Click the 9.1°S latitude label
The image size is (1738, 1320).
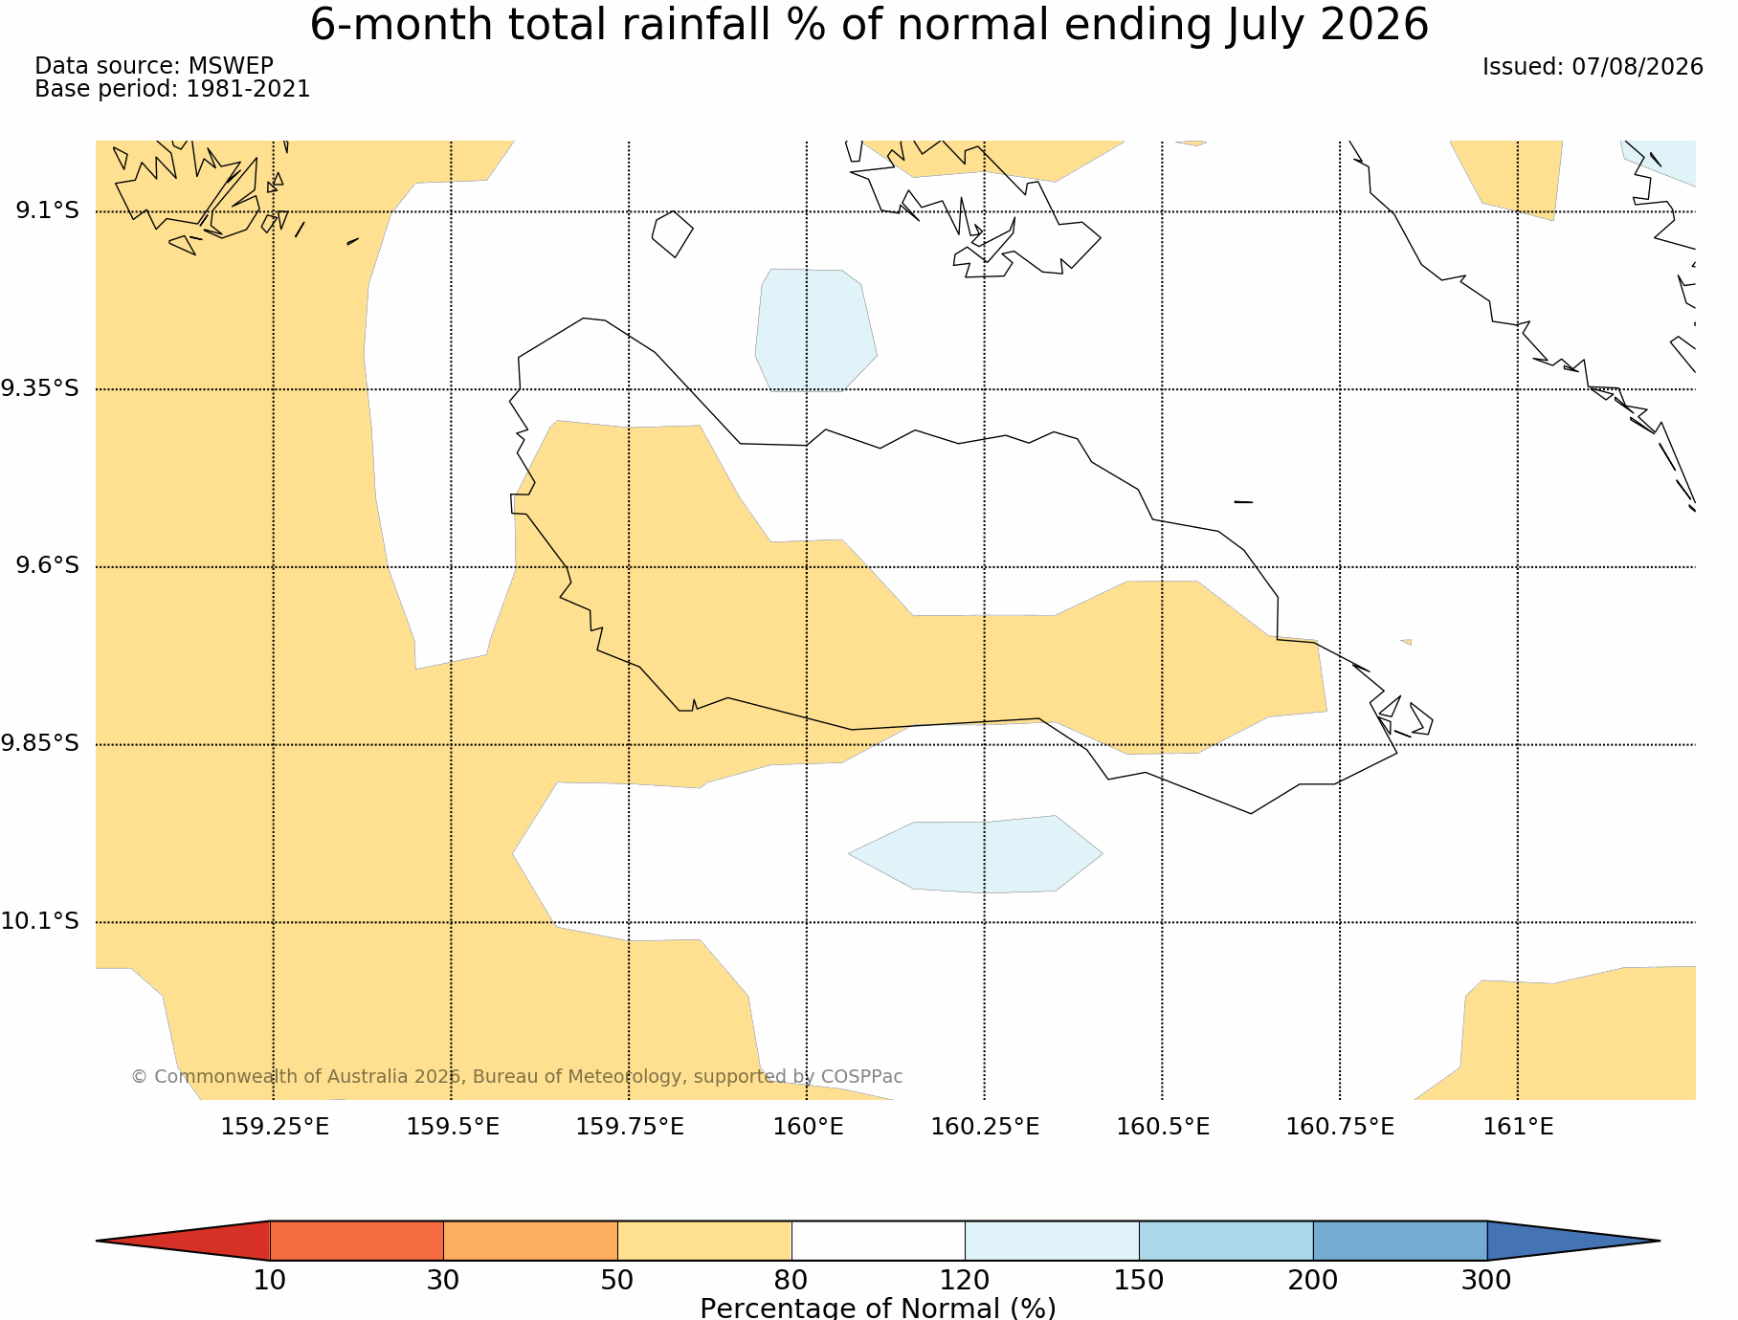(x=47, y=210)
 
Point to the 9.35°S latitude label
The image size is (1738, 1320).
(x=40, y=388)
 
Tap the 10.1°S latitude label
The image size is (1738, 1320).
(x=40, y=921)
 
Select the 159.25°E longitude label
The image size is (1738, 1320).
(x=275, y=1127)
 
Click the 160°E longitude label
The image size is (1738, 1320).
(x=808, y=1127)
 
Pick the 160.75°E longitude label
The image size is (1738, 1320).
(x=1340, y=1127)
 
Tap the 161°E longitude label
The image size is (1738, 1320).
(x=1518, y=1127)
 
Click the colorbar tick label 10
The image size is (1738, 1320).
(x=270, y=1281)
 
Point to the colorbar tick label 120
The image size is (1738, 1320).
(x=965, y=1281)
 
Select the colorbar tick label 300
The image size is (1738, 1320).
(x=1486, y=1281)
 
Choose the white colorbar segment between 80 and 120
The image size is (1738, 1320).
(x=879, y=1241)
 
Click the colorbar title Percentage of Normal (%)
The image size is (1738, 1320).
(x=878, y=1308)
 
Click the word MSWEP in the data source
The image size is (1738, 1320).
(x=231, y=66)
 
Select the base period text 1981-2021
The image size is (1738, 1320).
(x=248, y=89)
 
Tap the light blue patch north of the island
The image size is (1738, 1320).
(x=815, y=330)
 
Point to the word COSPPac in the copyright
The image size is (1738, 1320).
(x=861, y=1076)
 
